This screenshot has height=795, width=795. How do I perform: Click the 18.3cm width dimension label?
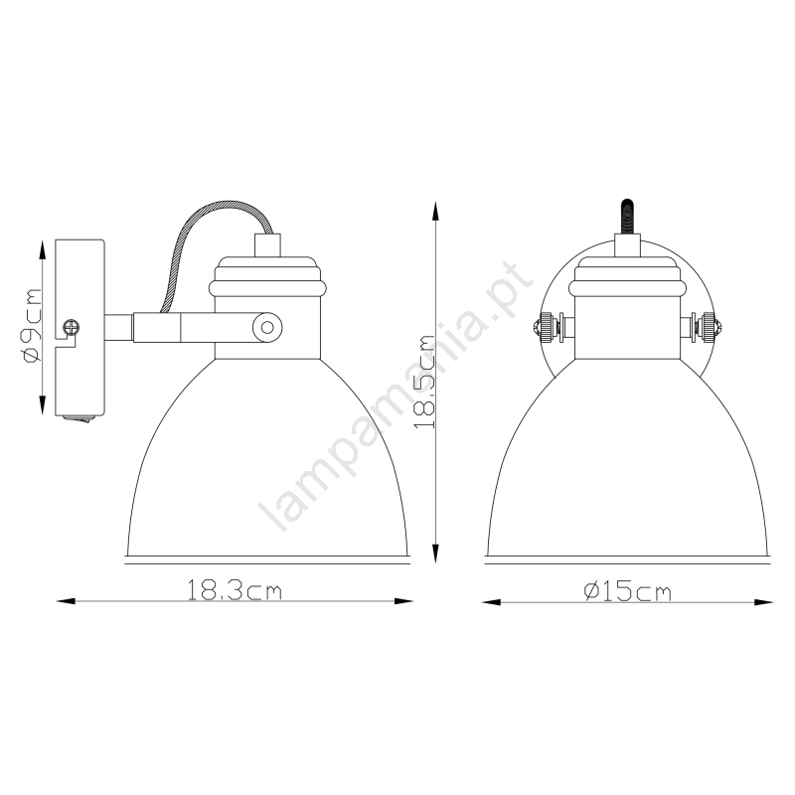tap(235, 590)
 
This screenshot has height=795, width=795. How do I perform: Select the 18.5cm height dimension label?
tap(425, 383)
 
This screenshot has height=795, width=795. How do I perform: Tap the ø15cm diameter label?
tap(628, 591)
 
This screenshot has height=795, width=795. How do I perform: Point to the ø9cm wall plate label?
tap(31, 326)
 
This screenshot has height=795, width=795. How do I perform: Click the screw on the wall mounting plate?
tap(71, 326)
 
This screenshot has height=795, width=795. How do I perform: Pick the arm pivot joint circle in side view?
tap(267, 328)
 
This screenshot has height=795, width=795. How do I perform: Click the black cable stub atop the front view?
tap(627, 217)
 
